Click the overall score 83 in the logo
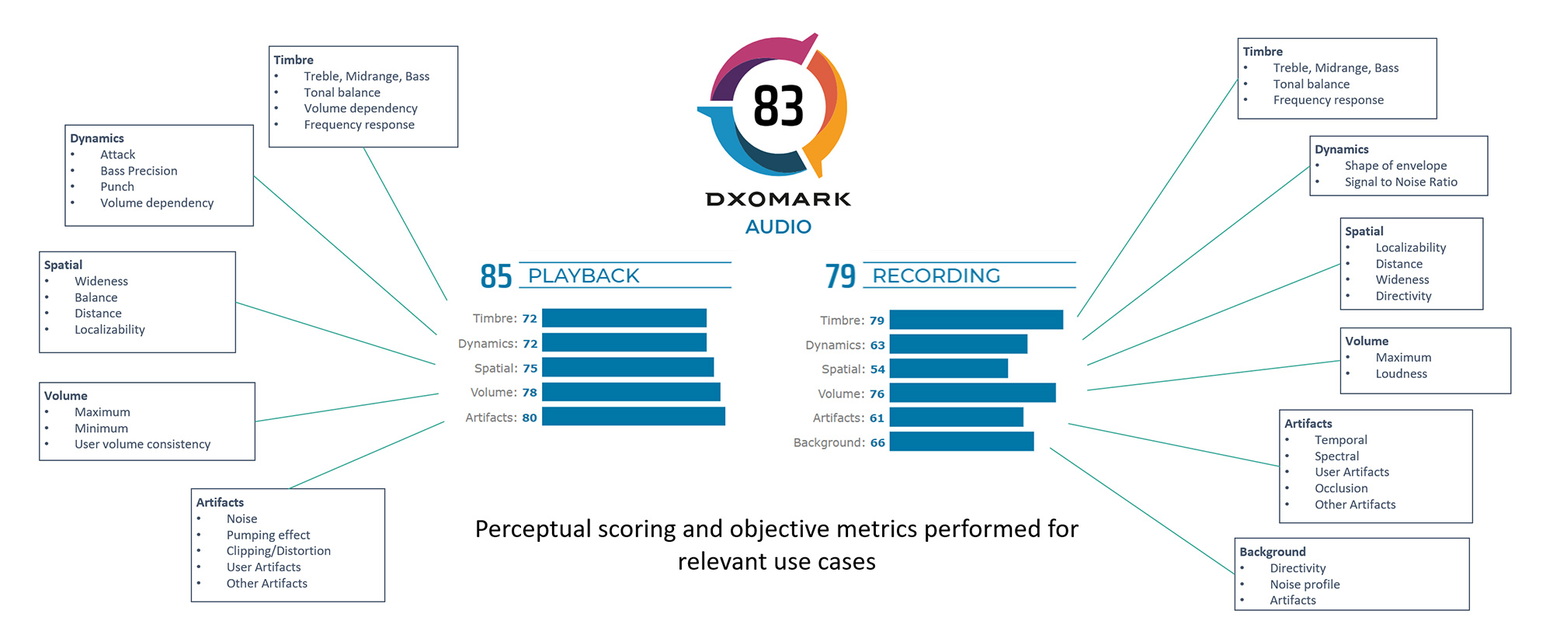[778, 106]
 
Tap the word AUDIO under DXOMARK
[778, 227]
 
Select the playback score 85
[496, 276]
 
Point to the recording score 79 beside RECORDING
[840, 276]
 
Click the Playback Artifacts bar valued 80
[633, 417]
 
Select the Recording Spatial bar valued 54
[948, 369]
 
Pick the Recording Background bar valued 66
[961, 442]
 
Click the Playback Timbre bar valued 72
[624, 318]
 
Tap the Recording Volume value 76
[877, 394]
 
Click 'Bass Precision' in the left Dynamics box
[138, 171]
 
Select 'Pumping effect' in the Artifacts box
[268, 535]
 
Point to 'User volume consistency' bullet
[142, 444]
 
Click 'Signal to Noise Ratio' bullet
[1401, 182]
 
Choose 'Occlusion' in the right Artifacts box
[1341, 488]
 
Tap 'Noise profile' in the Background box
[1305, 584]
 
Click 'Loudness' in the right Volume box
[1401, 373]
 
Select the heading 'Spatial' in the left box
[63, 265]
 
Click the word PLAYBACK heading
[583, 276]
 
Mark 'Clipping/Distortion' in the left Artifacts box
[278, 551]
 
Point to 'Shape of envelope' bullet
[1395, 165]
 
